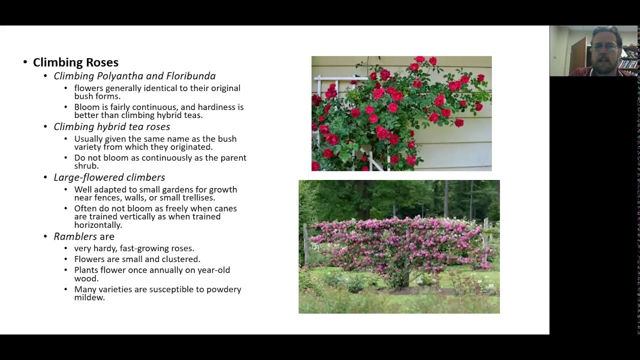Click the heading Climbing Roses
[75, 62]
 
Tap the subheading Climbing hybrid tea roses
[111, 127]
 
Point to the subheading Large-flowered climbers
[109, 177]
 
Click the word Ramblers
[75, 236]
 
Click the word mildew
[89, 297]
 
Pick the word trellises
[195, 197]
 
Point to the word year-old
[210, 270]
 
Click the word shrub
[86, 166]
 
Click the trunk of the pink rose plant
[403, 278]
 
